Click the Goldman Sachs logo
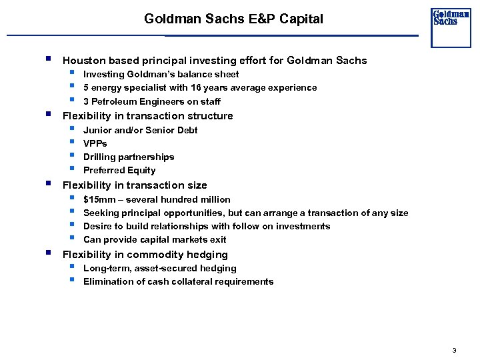coord(451,27)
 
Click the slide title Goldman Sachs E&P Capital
coord(233,19)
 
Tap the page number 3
coord(454,350)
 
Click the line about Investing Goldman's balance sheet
coord(161,75)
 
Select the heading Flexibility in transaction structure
coord(147,116)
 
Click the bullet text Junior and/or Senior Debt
coord(140,130)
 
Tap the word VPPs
coord(95,143)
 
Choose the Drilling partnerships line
coord(129,157)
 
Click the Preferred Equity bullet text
coord(119,171)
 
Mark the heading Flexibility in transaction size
coord(134,185)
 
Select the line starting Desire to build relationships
coord(206,227)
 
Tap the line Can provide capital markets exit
coord(155,240)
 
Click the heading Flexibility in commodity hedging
coord(145,255)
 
